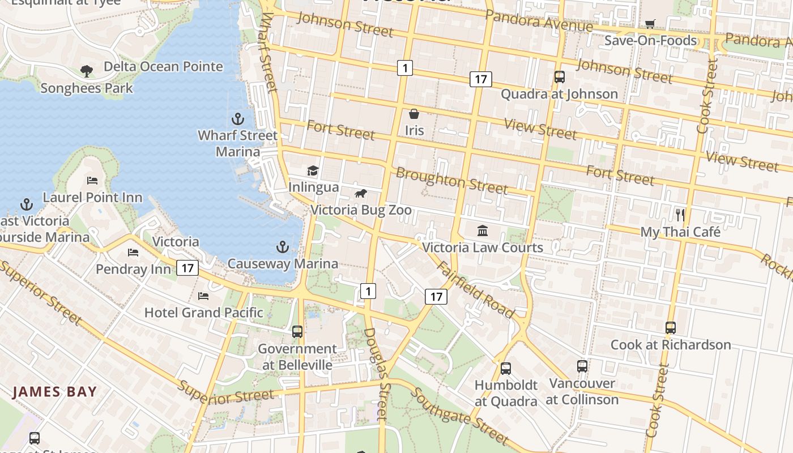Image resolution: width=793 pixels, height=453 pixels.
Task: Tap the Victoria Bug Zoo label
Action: point(361,210)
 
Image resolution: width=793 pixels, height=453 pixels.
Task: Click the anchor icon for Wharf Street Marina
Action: point(238,119)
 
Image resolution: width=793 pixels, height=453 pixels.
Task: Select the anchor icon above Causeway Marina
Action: point(282,247)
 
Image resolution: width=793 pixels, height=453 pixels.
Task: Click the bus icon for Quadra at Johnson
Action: point(560,77)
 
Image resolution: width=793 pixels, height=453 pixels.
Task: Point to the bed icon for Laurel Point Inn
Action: point(92,181)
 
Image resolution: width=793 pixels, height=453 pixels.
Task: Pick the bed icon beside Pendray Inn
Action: point(133,252)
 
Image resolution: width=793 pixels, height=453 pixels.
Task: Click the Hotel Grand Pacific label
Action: point(203,313)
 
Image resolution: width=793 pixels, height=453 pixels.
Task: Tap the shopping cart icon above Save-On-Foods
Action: point(650,24)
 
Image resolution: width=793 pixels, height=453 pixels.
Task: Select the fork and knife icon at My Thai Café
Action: point(680,215)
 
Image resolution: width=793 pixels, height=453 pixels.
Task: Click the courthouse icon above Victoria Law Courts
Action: point(483,230)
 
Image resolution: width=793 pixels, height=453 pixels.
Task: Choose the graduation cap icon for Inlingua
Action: point(313,170)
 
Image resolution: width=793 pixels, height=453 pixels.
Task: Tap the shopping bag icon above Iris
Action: point(414,114)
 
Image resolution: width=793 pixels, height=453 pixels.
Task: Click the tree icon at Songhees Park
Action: point(87,71)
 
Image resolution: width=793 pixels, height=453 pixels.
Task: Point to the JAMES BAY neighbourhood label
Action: point(55,391)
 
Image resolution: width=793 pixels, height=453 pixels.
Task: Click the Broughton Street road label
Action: point(451,181)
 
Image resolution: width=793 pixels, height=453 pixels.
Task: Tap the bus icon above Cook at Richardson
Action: point(671,327)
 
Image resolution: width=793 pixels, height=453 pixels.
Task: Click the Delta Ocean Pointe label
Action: point(163,67)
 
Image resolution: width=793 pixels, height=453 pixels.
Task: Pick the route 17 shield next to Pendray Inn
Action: point(187,268)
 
